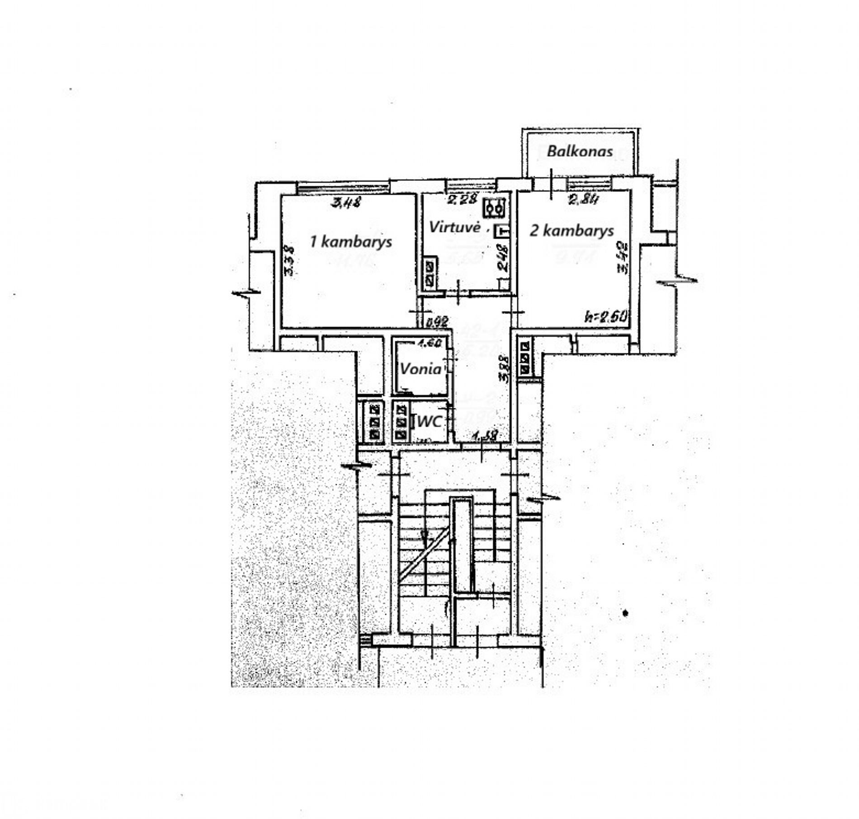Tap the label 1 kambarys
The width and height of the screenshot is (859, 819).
(x=351, y=242)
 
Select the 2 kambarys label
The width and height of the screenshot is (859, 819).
(x=572, y=231)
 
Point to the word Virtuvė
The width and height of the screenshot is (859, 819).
(x=454, y=227)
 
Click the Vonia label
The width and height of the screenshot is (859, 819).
(x=420, y=369)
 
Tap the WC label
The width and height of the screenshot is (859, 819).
(x=428, y=422)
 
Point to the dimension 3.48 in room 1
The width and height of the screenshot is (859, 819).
(x=346, y=203)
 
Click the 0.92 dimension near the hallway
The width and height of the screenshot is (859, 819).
(x=438, y=322)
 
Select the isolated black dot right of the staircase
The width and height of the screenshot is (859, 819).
(x=626, y=613)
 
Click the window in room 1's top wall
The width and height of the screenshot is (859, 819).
(x=343, y=187)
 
